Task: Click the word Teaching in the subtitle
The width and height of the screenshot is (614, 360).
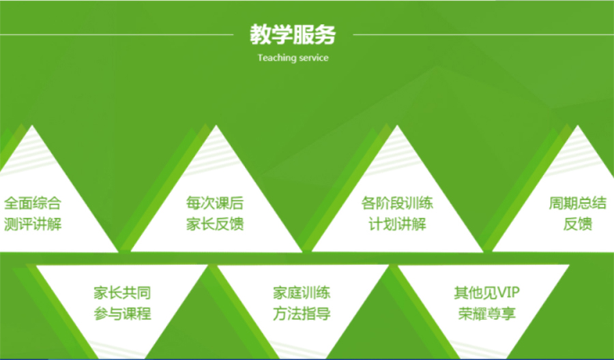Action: tap(276, 58)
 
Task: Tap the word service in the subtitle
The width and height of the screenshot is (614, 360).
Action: tap(312, 58)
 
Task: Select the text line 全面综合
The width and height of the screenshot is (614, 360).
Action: tap(32, 203)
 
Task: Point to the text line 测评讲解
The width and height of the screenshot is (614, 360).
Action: tap(32, 224)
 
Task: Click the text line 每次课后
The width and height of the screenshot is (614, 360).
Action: tap(215, 203)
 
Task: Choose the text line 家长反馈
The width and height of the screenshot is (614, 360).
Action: tap(215, 224)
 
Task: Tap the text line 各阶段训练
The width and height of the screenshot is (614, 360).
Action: tap(397, 203)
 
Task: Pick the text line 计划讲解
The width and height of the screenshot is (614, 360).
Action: tap(397, 224)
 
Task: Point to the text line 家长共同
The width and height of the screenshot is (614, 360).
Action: tap(122, 294)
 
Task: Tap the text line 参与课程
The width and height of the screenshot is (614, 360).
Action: tap(122, 314)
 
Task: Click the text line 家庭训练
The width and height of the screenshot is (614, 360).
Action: tap(302, 294)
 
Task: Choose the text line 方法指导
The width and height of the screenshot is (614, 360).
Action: tap(302, 314)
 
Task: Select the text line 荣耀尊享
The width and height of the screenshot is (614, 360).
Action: tap(486, 314)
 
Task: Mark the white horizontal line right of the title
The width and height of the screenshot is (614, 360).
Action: tap(478, 34)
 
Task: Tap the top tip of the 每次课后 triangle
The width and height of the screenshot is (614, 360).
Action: tap(216, 126)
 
